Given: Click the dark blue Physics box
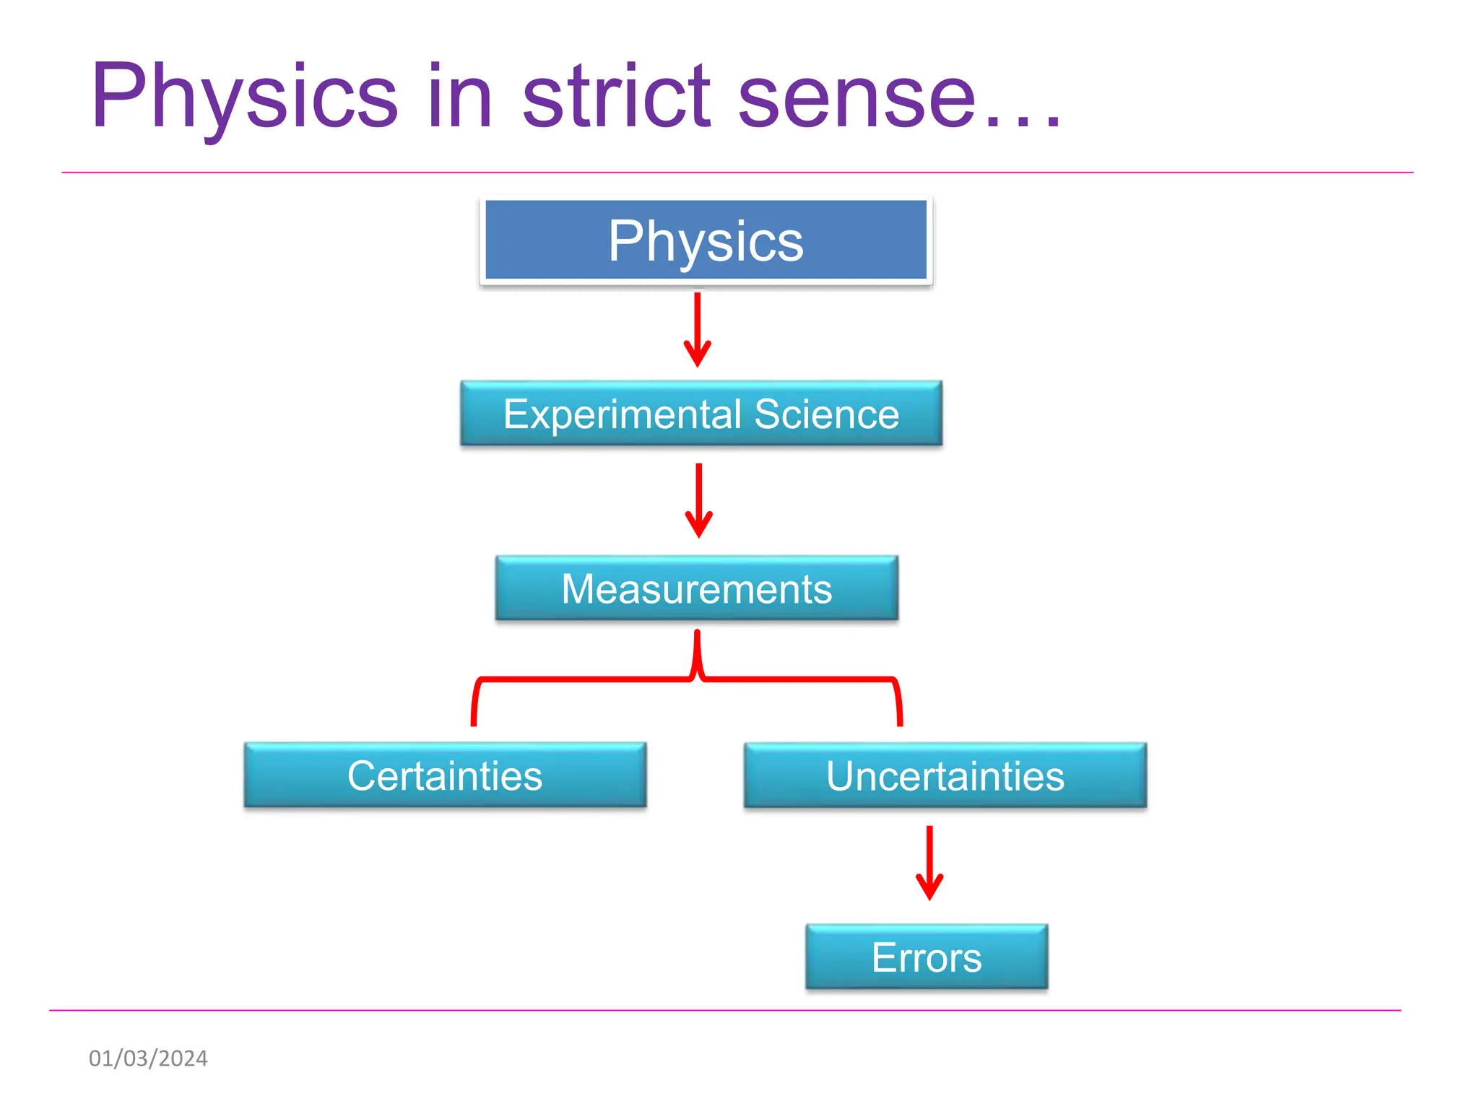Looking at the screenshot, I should click(x=706, y=240).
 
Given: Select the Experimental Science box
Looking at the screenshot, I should click(x=701, y=414).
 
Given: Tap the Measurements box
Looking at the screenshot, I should click(x=697, y=588).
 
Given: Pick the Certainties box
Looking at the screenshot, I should click(x=445, y=775).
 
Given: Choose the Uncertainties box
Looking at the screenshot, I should click(x=945, y=775).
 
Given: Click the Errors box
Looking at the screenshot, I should click(x=927, y=957).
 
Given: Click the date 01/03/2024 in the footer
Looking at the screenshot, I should click(x=148, y=1058).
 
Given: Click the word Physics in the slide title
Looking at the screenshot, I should click(x=244, y=97).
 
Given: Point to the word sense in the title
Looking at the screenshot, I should click(x=856, y=97).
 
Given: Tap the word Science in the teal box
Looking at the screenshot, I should click(x=827, y=414).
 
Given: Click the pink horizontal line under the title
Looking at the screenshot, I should click(x=737, y=173).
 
